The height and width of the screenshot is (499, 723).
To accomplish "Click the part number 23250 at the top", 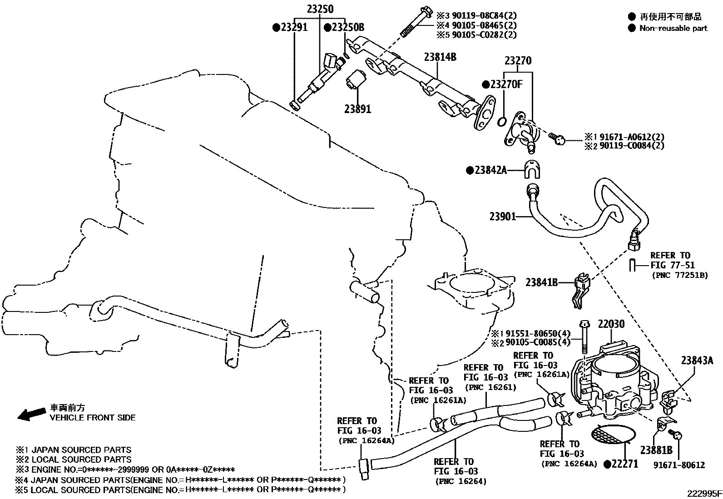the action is click(320, 9).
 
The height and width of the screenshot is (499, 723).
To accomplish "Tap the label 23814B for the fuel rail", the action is click(440, 57).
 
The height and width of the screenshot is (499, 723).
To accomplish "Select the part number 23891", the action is click(357, 109).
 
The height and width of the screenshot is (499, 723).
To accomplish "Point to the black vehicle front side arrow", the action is click(31, 414).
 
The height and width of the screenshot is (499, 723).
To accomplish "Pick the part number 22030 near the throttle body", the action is click(611, 324).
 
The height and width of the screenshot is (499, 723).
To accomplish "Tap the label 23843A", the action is click(697, 360).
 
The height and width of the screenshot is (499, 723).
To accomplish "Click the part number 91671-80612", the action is click(679, 465).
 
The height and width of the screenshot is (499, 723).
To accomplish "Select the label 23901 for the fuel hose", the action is click(503, 217).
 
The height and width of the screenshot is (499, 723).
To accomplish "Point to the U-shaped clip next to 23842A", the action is click(531, 169).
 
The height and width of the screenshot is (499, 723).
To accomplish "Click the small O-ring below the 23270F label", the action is click(502, 122).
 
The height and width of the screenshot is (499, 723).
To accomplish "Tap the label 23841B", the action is click(542, 282).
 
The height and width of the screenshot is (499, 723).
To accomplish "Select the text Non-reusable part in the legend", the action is click(673, 29).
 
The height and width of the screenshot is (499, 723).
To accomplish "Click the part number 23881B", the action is click(656, 450).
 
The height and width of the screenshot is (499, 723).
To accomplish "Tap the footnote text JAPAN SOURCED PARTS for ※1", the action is click(81, 450).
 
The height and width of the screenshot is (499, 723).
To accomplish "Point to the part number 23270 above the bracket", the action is click(518, 60).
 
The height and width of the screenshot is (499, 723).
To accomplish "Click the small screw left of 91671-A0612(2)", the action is click(558, 138).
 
